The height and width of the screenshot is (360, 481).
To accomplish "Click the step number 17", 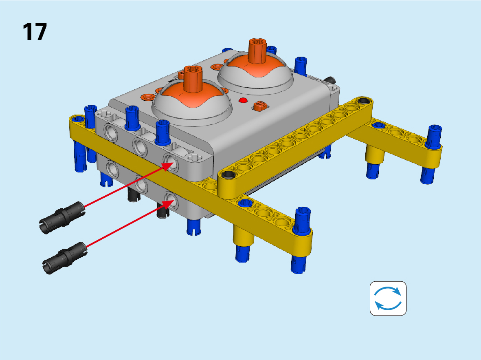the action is pyautogui.click(x=35, y=32).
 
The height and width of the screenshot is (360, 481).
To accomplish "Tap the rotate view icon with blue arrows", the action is pyautogui.click(x=388, y=298).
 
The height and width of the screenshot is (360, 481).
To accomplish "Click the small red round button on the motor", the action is pyautogui.click(x=243, y=100).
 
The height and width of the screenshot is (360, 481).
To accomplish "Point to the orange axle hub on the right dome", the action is pyautogui.click(x=257, y=51).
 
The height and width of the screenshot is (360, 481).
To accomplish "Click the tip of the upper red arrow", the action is pyautogui.click(x=173, y=163).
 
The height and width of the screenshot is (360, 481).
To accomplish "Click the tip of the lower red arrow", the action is pyautogui.click(x=174, y=200).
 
